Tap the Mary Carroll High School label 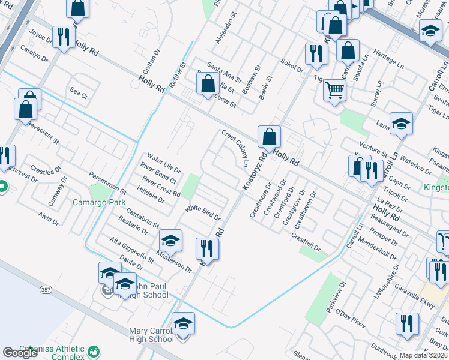[x=152, y=335]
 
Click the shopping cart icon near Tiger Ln [x=334, y=91]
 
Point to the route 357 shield [x=45, y=290]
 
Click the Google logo [x=20, y=353]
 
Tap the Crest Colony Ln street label [x=235, y=148]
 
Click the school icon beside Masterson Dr [x=170, y=241]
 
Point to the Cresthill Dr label [x=306, y=243]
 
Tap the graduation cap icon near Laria [x=401, y=123]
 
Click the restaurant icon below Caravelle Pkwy [x=407, y=324]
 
